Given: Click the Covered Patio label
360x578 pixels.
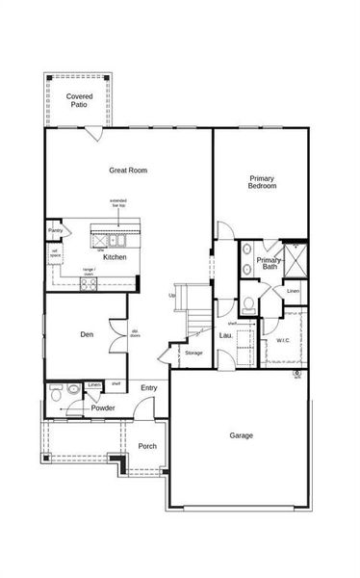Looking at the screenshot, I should coord(78,101).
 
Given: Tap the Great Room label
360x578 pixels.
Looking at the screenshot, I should coord(127,171).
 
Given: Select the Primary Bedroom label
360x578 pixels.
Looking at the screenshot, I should coord(262,182).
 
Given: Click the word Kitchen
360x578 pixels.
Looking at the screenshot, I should coord(116,258).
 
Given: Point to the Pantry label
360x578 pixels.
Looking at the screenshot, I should coord(55,231).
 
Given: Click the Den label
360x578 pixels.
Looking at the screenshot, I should coord(87,335).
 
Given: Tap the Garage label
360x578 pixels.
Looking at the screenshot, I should coord(241,435).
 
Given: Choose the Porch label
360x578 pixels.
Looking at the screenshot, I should coord(147,446).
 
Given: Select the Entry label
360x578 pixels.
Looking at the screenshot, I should coord(149,388).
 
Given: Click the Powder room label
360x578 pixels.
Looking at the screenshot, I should coord(103,408).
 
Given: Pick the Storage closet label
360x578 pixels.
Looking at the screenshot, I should coord(193,354).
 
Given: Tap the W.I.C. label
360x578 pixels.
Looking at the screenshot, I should coord(283,340).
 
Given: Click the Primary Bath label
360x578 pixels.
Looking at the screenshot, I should coord(269,263).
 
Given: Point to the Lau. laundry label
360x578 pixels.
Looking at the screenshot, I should coord(225,335).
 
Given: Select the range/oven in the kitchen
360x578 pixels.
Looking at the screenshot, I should coord(88,272).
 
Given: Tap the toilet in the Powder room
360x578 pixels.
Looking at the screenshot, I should coord(58,393).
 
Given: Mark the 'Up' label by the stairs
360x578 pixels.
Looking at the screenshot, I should coord(172,295).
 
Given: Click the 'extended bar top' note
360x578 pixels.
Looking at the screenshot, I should coord(117,203).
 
